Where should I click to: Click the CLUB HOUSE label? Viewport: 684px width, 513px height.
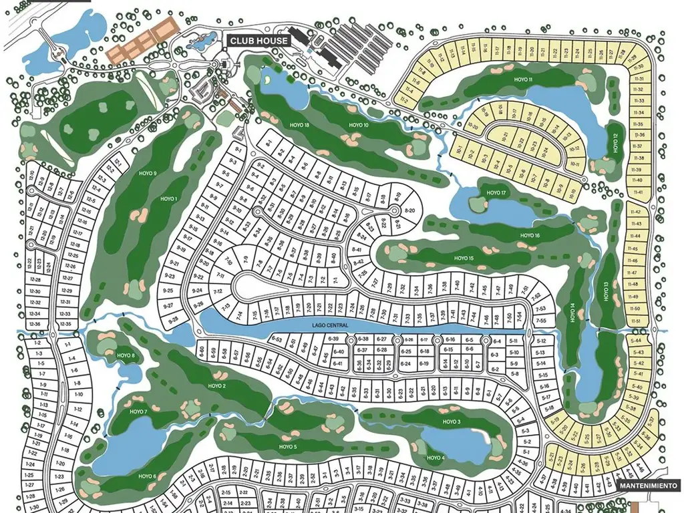[x=259, y=41]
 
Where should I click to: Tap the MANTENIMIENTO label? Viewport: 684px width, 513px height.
[x=649, y=486]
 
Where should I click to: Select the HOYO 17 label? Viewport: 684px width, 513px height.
[x=497, y=193]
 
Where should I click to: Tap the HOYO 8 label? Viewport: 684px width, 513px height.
[x=125, y=356]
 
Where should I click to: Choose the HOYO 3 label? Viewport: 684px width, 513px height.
[x=452, y=422]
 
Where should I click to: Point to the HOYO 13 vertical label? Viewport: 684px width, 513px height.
[x=605, y=293]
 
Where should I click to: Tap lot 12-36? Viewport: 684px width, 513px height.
[x=35, y=324]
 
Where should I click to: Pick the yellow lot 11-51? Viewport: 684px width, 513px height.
[x=635, y=321]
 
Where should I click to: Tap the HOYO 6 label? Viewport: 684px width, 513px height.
[x=148, y=476]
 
